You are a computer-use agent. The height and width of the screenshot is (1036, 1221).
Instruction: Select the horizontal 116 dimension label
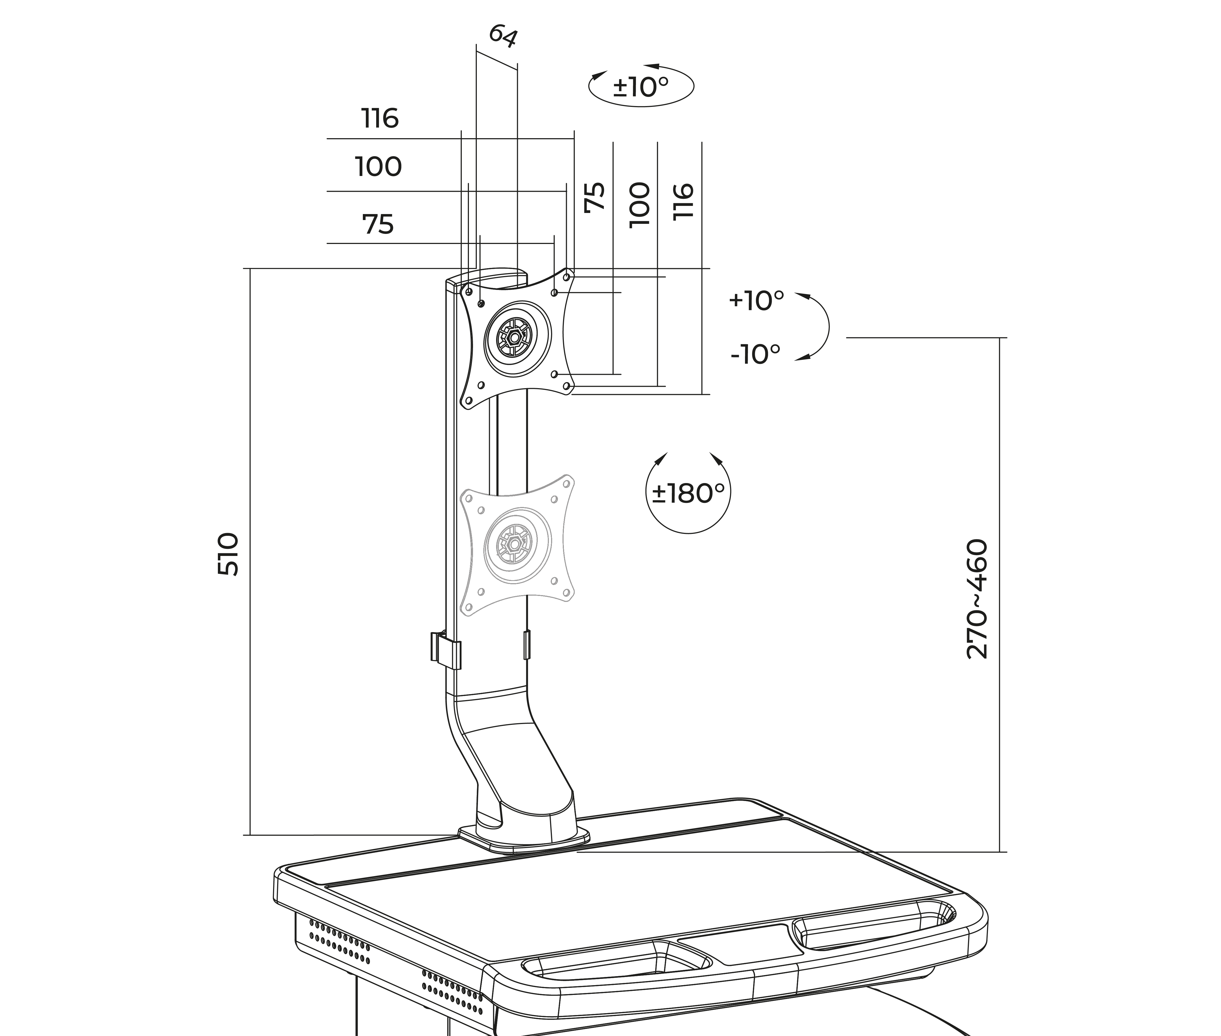pos(380,119)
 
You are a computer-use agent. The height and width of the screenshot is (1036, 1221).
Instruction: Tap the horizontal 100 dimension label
pos(378,167)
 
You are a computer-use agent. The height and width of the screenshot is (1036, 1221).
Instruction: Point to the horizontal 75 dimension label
pos(378,224)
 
